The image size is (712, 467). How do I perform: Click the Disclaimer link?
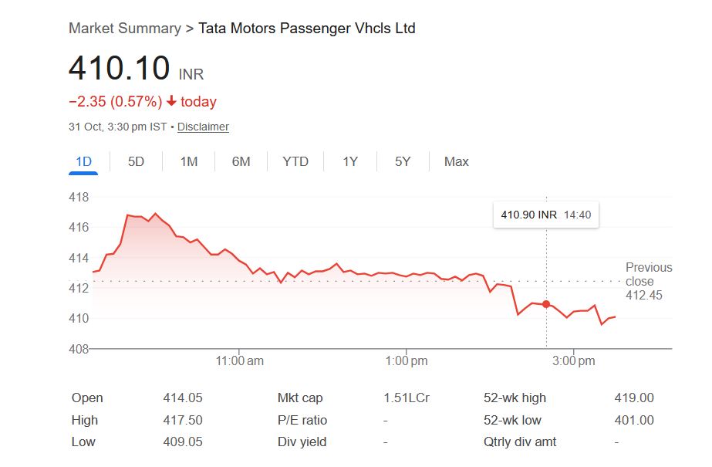(203, 127)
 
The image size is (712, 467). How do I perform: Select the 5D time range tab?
(136, 161)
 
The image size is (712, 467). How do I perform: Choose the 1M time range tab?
(189, 161)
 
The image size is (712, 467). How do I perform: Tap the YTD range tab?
(295, 161)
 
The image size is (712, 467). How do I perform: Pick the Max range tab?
(456, 161)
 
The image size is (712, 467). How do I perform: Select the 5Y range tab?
(403, 161)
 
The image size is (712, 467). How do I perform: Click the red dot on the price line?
(546, 304)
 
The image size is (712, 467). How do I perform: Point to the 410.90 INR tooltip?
(546, 215)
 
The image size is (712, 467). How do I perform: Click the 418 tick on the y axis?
(79, 198)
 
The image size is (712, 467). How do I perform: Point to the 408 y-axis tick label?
(79, 349)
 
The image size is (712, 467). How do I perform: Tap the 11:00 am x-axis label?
(239, 360)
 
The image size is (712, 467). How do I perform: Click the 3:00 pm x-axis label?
(575, 360)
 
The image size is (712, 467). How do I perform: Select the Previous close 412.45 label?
(648, 281)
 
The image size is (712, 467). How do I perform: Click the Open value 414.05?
(183, 398)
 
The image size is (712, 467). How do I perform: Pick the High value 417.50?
(183, 421)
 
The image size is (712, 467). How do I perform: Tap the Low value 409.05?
(183, 442)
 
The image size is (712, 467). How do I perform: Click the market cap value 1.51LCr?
(407, 398)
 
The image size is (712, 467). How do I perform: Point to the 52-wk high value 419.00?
(633, 398)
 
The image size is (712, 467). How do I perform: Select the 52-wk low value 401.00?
(633, 421)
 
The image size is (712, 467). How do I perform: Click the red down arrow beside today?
(171, 102)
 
